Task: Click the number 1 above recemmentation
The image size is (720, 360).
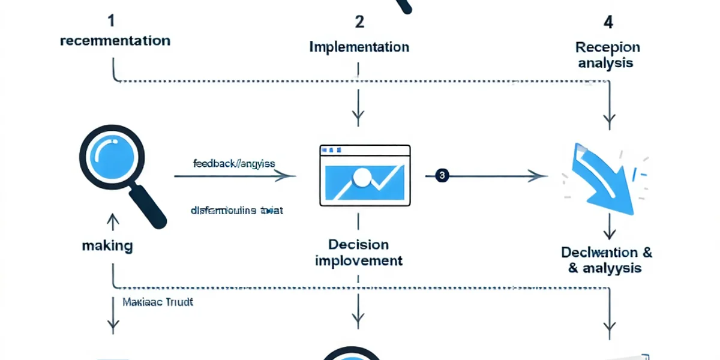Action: pos(112,21)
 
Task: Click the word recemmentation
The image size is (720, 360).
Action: pos(115,41)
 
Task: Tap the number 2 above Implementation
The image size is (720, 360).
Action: pos(359,22)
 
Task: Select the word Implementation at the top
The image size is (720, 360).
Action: pos(359,46)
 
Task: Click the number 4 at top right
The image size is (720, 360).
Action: pos(608,23)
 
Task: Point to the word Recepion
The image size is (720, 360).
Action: pos(608,47)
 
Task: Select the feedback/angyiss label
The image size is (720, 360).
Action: pos(233,163)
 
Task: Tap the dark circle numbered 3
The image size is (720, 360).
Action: pos(442,176)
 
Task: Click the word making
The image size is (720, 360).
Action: pos(108,245)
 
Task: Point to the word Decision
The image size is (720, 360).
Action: pos(358,245)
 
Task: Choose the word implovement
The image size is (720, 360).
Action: pos(358,261)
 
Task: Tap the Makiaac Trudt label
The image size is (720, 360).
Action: pos(158,302)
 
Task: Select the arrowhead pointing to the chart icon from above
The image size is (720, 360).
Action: pos(359,115)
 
